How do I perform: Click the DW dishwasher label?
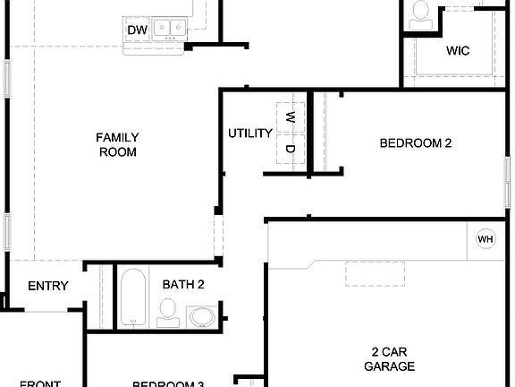[x=137, y=31]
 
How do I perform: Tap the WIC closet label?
[x=458, y=50]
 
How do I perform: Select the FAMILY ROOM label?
[x=118, y=144]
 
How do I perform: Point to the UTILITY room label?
[x=250, y=133]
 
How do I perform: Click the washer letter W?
[x=290, y=117]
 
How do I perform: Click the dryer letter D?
[x=290, y=149]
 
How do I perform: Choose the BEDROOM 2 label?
[x=416, y=142]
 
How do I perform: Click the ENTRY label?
[x=48, y=286]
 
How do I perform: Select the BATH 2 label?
[x=183, y=284]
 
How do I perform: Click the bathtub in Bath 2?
[x=132, y=297]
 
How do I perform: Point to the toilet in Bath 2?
[x=167, y=312]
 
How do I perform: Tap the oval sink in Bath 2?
[x=201, y=316]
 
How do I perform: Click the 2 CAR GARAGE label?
[x=390, y=358]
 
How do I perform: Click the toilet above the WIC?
[x=421, y=12]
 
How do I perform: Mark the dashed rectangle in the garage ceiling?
[x=372, y=273]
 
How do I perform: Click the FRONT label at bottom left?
[x=40, y=384]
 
